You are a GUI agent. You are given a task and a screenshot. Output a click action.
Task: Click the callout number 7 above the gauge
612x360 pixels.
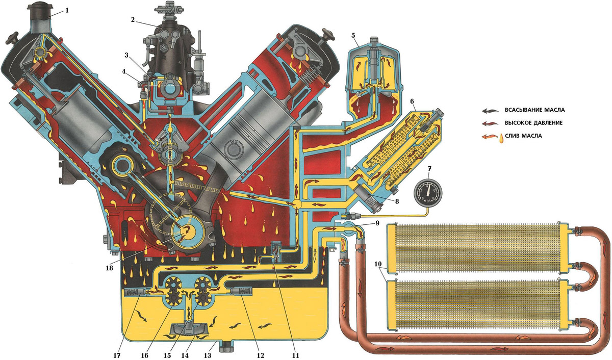click(x=429, y=169)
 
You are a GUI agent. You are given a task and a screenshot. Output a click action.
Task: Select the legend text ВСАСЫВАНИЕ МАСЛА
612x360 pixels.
click(x=535, y=110)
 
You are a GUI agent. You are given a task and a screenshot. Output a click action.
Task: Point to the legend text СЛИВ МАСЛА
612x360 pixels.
click(x=523, y=136)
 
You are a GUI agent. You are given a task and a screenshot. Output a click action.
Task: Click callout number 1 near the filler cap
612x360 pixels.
click(x=67, y=11)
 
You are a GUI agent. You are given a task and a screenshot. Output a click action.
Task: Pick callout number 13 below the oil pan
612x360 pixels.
click(x=208, y=355)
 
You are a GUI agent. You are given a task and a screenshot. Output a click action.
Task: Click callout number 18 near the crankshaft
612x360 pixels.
click(x=109, y=268)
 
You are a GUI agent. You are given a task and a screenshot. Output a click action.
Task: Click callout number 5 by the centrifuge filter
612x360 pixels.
click(x=353, y=36)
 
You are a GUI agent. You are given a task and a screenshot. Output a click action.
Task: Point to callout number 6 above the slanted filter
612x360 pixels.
click(x=412, y=101)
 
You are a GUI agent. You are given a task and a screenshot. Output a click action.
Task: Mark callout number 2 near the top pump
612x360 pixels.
click(x=133, y=20)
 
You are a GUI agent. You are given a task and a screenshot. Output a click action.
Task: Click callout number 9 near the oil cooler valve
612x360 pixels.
click(x=377, y=223)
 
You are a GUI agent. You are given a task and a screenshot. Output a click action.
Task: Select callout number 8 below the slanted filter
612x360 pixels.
click(x=397, y=201)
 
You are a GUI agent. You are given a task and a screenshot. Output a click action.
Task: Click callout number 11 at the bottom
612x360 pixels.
click(x=296, y=355)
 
